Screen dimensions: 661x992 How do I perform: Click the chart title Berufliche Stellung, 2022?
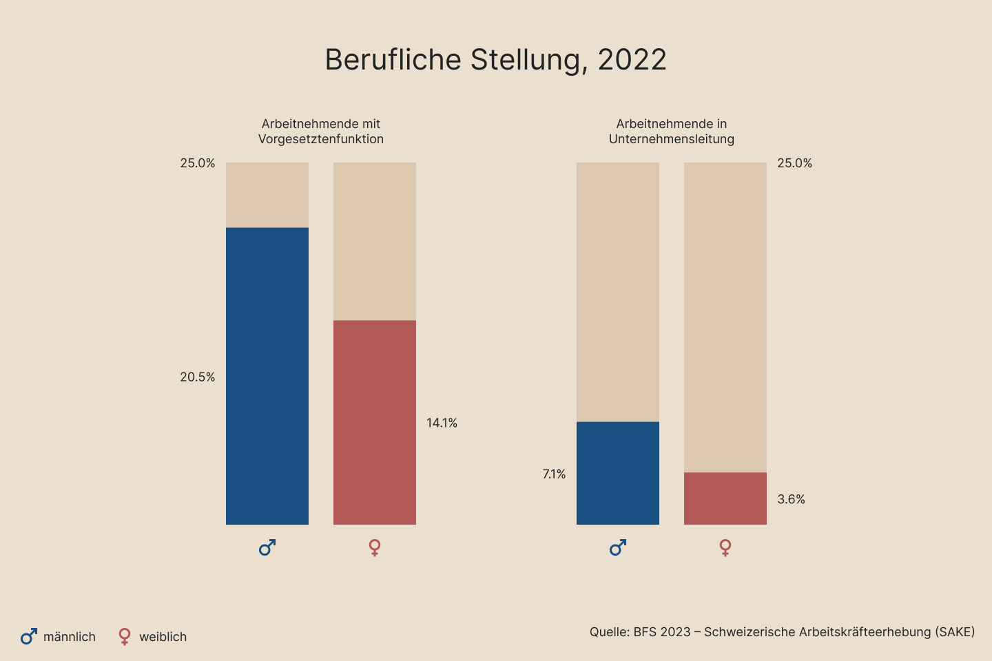pyautogui.click(x=495, y=60)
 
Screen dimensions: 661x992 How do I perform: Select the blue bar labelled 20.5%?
pyautogui.click(x=267, y=376)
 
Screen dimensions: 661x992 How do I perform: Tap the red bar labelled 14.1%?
pyautogui.click(x=375, y=422)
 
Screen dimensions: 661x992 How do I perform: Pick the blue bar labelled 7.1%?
pyautogui.click(x=618, y=473)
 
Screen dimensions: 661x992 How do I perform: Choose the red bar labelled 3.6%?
pyautogui.click(x=725, y=499)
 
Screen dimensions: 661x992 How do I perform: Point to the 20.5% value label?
pyautogui.click(x=198, y=377)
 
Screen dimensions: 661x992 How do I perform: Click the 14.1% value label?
pyautogui.click(x=442, y=423)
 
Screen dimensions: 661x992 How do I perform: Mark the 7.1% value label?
pyautogui.click(x=554, y=474)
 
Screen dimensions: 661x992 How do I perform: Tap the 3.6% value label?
pyautogui.click(x=791, y=500)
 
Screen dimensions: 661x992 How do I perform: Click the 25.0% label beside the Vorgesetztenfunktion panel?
pyautogui.click(x=198, y=163)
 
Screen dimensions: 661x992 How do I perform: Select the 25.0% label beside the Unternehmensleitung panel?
pyautogui.click(x=794, y=163)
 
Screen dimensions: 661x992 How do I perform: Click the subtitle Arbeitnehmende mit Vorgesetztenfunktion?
pyautogui.click(x=321, y=132)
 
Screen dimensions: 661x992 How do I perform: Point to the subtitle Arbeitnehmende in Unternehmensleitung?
pyautogui.click(x=672, y=132)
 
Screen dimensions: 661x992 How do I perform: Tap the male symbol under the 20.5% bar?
pyautogui.click(x=267, y=547)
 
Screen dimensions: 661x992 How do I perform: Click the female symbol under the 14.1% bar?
pyautogui.click(x=375, y=547)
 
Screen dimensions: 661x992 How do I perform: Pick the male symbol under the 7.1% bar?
pyautogui.click(x=618, y=547)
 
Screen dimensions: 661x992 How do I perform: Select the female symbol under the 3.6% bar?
pyautogui.click(x=725, y=547)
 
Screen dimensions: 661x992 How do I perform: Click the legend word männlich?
pyautogui.click(x=70, y=637)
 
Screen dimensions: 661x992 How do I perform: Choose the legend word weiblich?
pyautogui.click(x=163, y=637)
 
